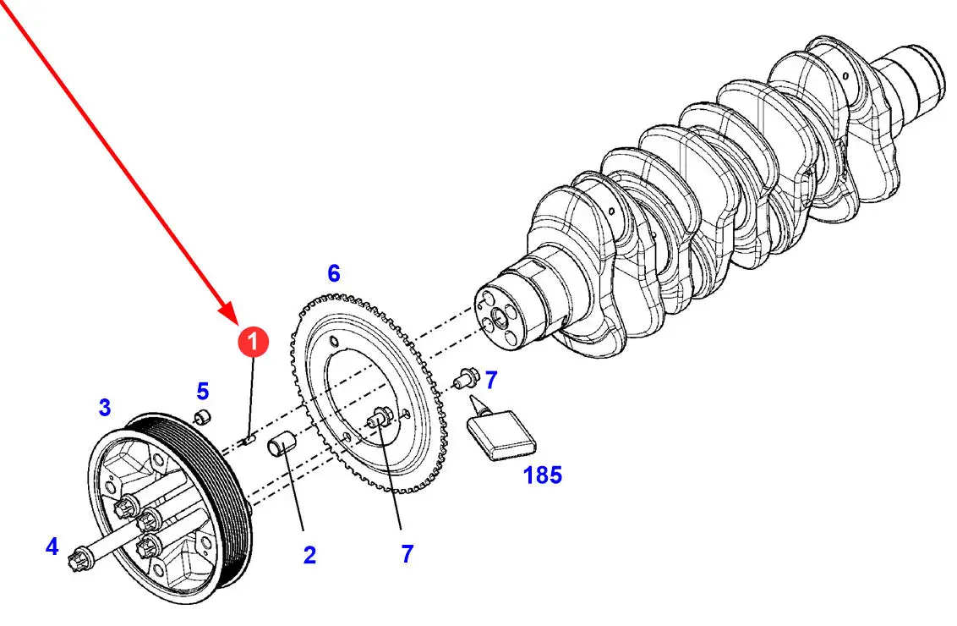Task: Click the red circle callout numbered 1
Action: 253,342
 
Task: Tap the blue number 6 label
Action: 333,273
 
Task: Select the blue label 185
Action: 543,475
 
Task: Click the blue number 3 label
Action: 104,408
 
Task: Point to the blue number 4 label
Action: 52,546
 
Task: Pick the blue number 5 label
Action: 203,391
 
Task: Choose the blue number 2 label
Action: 309,555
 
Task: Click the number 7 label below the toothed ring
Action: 407,554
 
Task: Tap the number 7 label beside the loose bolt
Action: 491,380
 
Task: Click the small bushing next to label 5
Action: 202,418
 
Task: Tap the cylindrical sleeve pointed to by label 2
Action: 282,444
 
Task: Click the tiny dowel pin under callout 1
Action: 249,439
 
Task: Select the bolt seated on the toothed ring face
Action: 379,418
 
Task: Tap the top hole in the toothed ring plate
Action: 333,341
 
